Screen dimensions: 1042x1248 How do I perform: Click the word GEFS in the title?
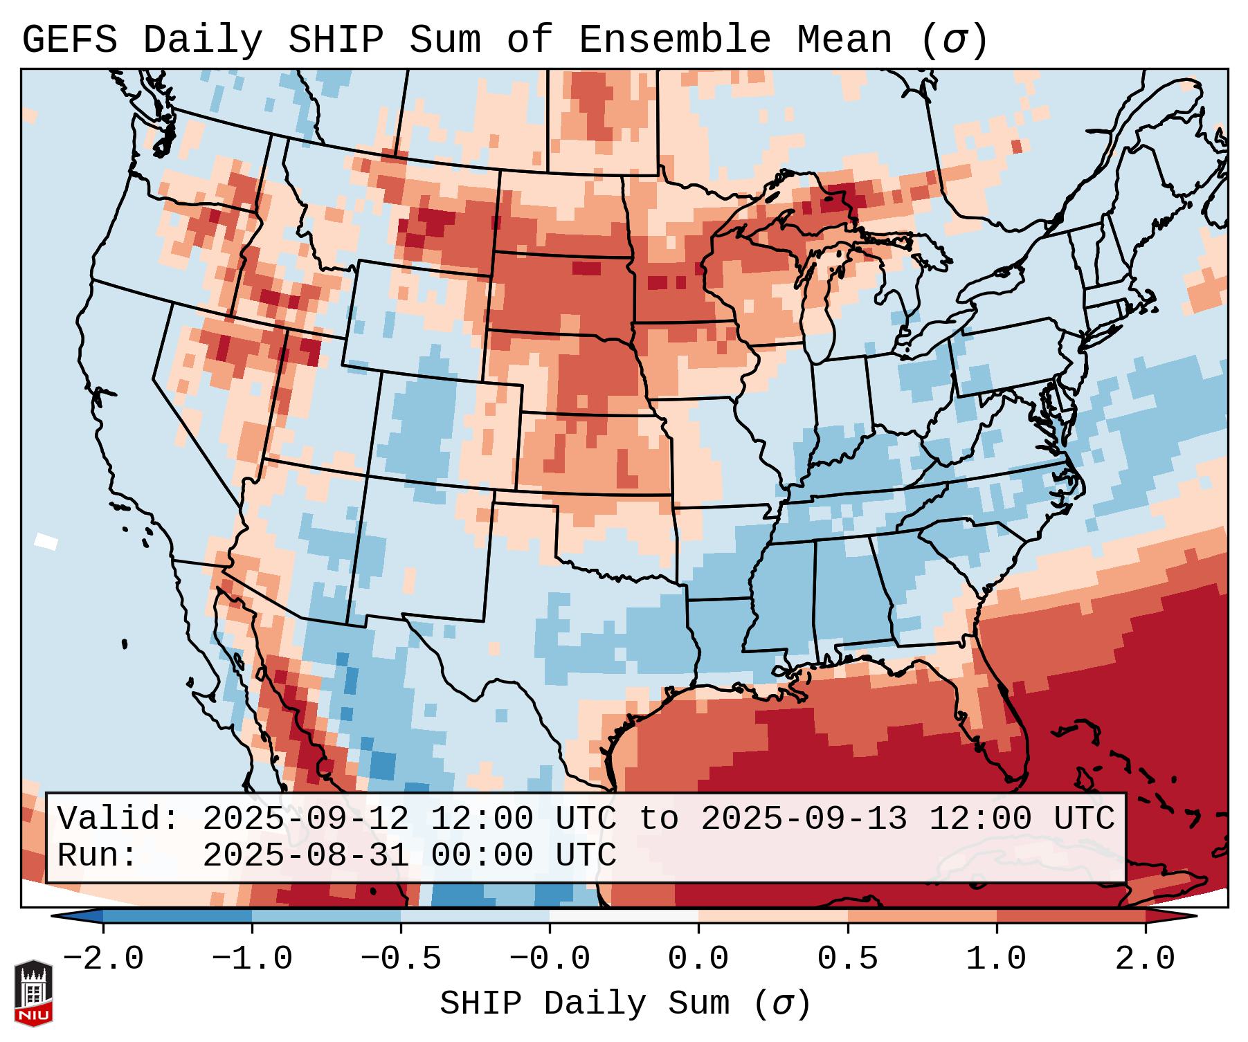69,40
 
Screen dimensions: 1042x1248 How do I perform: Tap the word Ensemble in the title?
674,40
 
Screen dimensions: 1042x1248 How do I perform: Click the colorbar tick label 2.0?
1145,959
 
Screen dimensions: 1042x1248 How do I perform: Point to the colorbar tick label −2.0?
103,959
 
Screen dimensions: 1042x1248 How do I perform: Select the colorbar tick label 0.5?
847,959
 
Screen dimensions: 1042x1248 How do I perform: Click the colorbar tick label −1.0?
251,959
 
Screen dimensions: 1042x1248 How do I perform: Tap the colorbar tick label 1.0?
996,959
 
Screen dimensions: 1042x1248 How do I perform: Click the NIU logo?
33,993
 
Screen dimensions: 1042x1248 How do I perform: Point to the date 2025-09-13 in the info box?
804,819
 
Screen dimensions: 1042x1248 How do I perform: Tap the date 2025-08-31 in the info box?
305,855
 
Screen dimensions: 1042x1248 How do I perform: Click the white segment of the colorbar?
624,916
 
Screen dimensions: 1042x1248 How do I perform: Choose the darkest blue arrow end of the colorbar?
76,916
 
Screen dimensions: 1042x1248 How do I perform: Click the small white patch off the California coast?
46,540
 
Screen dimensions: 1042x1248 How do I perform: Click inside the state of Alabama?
850,595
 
